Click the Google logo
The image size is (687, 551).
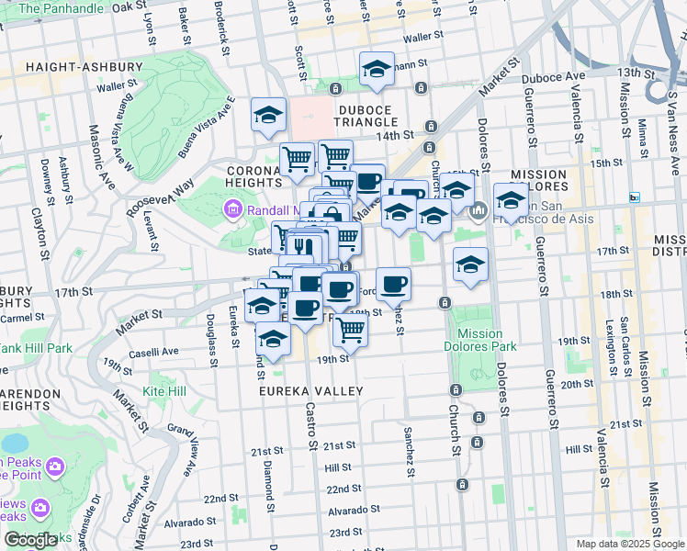pyautogui.click(x=30, y=540)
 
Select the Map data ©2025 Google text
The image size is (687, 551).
pyautogui.click(x=629, y=544)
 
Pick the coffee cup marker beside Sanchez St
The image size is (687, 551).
pyautogui.click(x=393, y=284)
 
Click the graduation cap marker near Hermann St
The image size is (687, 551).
pyautogui.click(x=377, y=69)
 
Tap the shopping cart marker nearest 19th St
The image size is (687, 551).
pyautogui.click(x=350, y=328)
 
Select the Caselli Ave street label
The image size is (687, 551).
pyautogui.click(x=152, y=352)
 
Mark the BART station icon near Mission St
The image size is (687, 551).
pyautogui.click(x=634, y=197)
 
